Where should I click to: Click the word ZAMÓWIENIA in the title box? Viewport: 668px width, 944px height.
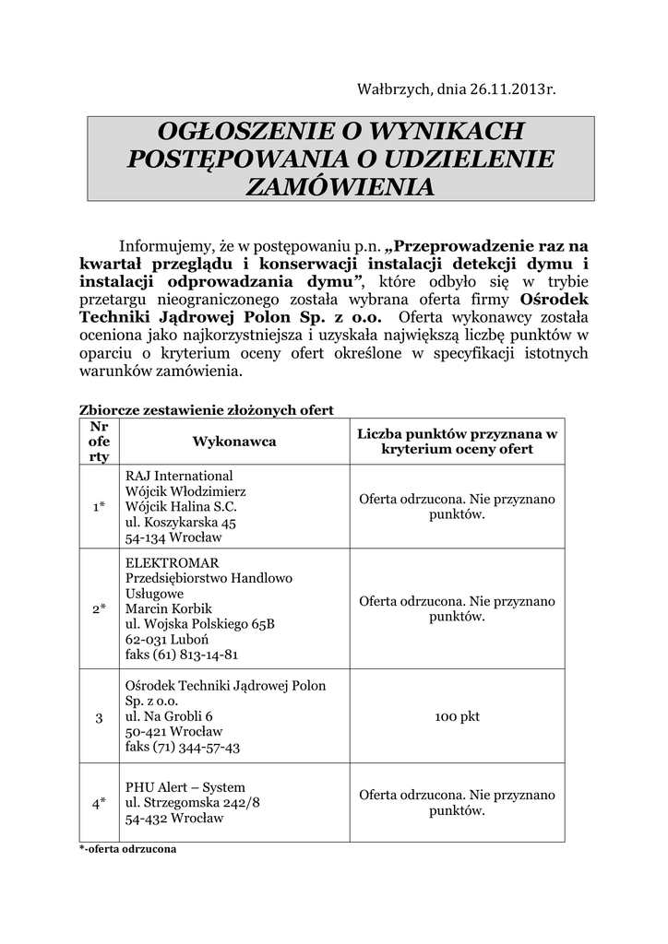tap(341, 186)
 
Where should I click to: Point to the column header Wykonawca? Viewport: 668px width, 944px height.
tap(234, 442)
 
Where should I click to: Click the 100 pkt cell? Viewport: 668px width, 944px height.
tap(457, 716)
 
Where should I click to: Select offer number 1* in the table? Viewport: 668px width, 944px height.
tap(99, 506)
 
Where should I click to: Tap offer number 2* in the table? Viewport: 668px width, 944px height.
tap(99, 608)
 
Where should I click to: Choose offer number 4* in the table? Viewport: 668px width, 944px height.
tap(99, 802)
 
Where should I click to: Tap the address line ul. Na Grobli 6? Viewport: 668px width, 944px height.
tap(169, 716)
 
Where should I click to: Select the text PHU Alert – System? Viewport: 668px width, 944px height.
tap(185, 786)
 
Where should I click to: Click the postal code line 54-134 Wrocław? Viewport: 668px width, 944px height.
tap(173, 537)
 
